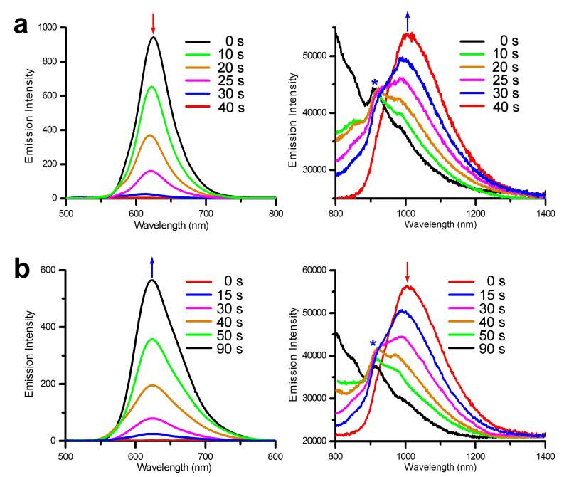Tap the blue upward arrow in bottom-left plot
click(152, 267)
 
